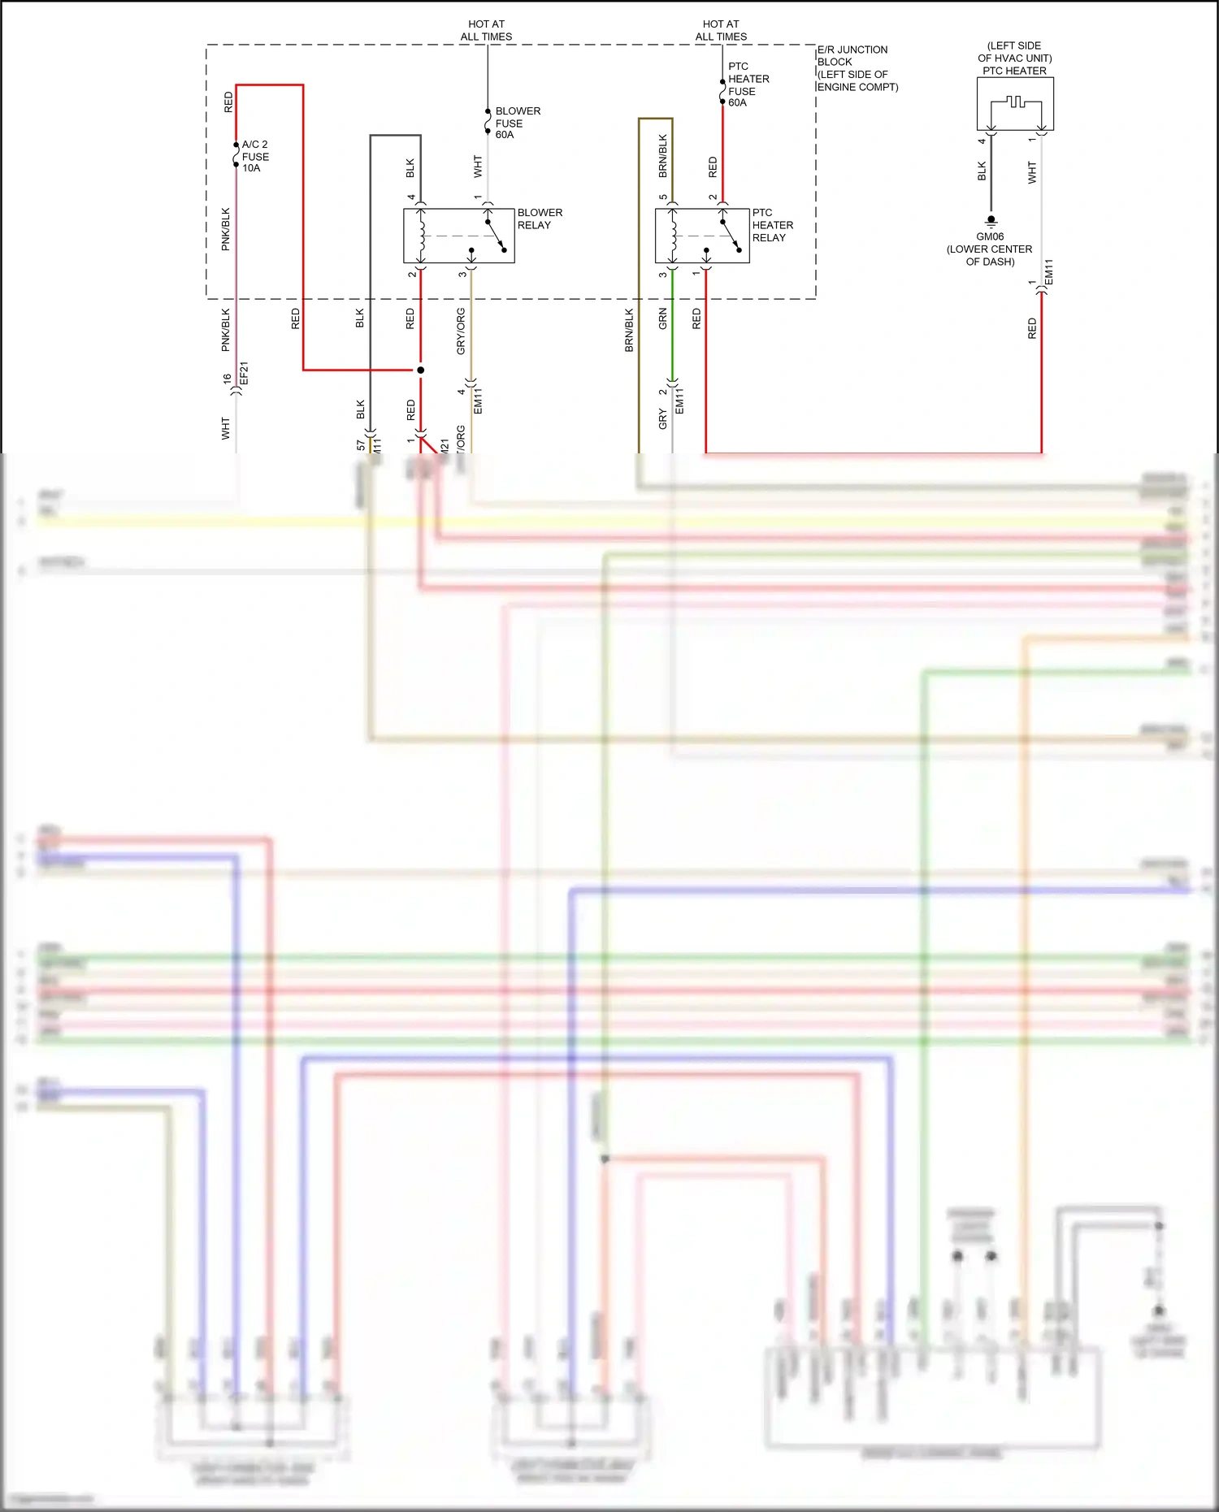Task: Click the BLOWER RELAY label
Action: click(x=539, y=219)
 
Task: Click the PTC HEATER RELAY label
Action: click(x=772, y=225)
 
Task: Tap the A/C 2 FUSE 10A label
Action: click(x=254, y=156)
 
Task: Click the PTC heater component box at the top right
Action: click(x=1015, y=104)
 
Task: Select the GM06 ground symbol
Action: click(x=991, y=221)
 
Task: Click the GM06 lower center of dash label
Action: click(x=989, y=249)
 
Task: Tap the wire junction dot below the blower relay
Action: click(x=420, y=370)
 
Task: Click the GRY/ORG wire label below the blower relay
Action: click(x=461, y=331)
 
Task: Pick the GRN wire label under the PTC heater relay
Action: click(x=663, y=318)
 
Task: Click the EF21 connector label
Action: click(x=244, y=374)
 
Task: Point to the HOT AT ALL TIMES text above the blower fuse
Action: click(x=486, y=30)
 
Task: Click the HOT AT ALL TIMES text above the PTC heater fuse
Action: click(x=721, y=30)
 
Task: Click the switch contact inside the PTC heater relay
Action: click(x=731, y=235)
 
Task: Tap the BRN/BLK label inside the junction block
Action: click(x=663, y=156)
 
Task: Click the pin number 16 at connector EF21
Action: click(x=227, y=379)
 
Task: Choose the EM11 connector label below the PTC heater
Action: click(x=1048, y=272)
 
